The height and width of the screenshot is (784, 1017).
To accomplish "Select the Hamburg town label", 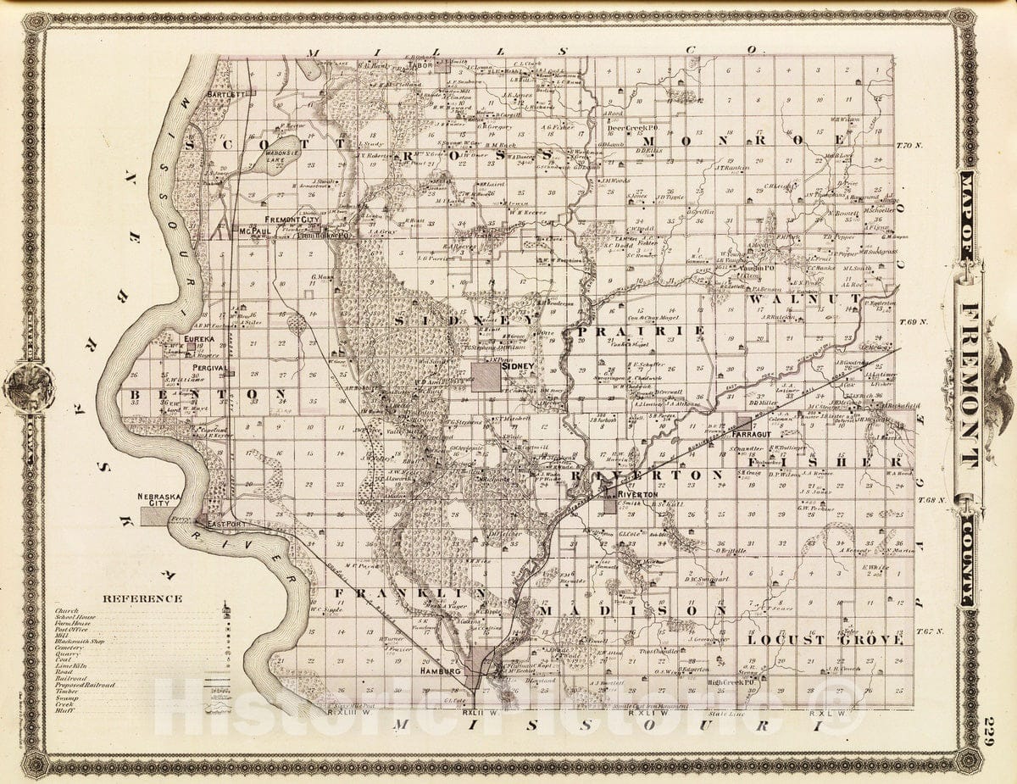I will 440,670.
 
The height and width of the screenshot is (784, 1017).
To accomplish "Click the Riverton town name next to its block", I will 637,493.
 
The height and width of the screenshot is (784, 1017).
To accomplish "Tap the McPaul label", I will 253,231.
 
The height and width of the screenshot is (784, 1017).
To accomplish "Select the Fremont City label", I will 292,220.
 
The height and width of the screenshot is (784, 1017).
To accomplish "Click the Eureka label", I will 199,338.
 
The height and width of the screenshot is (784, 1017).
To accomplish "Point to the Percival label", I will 206,368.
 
